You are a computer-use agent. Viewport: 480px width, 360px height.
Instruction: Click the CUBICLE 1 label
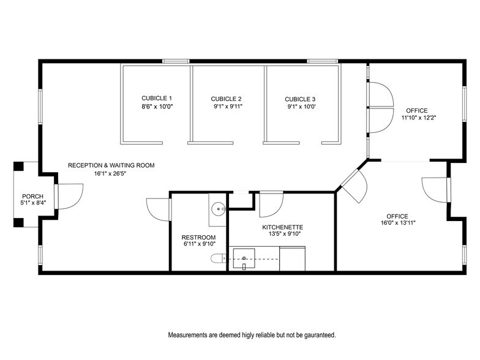pos(157,98)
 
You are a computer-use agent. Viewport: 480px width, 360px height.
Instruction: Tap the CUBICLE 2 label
pos(226,99)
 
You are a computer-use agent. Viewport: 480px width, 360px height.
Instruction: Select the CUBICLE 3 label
pos(300,99)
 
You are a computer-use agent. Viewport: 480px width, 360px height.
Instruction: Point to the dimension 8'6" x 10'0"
pos(157,107)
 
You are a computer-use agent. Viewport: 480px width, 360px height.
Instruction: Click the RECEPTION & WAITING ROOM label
pos(111,165)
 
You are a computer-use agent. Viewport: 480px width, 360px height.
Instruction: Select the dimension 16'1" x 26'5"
pos(111,173)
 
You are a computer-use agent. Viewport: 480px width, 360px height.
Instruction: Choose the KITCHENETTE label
pos(282,227)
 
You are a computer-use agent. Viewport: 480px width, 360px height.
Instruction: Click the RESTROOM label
pos(198,237)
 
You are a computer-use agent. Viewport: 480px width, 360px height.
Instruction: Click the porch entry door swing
pos(67,196)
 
